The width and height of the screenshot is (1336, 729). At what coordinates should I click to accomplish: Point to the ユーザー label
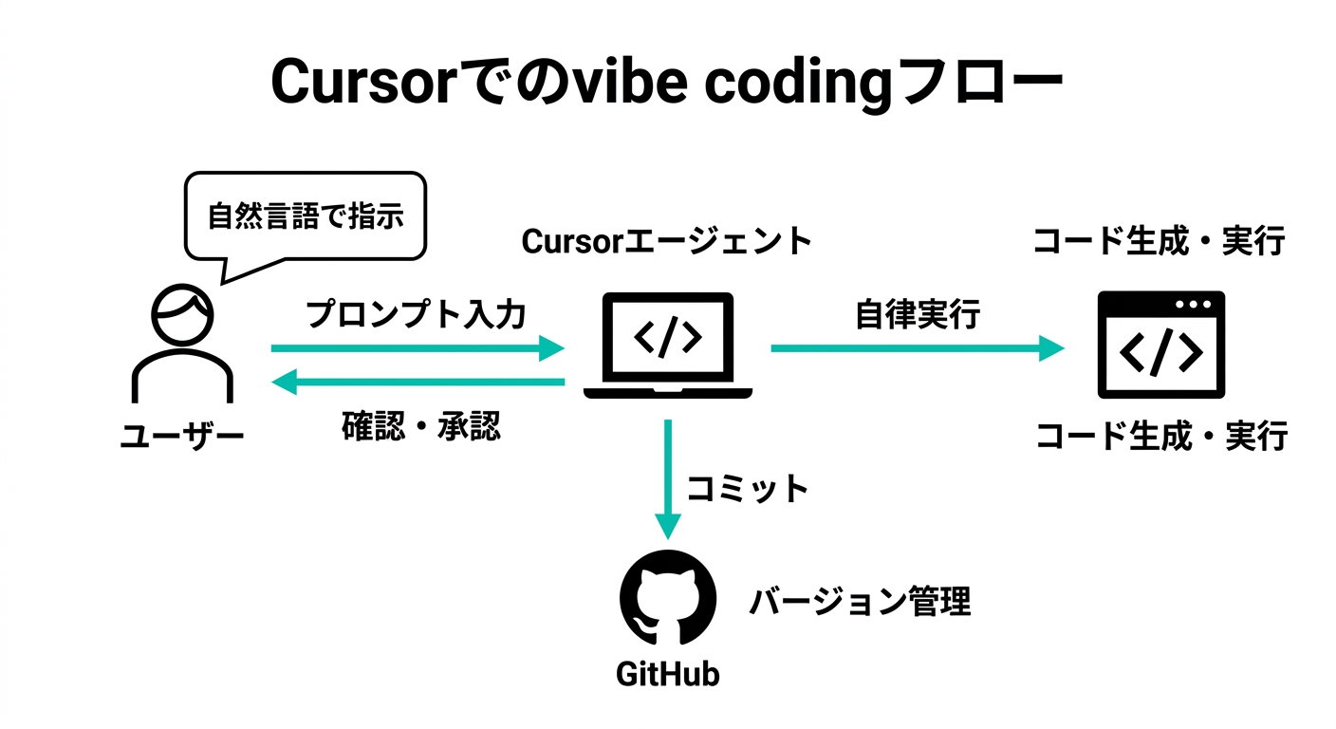182,437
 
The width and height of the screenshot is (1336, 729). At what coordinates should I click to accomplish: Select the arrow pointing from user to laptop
417,348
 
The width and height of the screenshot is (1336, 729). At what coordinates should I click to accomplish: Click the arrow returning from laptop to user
417,383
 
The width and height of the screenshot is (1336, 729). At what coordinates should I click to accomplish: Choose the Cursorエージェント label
666,241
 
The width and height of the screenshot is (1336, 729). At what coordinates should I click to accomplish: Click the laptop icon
668,345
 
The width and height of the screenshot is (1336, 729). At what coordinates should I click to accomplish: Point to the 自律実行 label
918,314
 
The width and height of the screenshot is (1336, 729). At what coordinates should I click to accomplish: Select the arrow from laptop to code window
917,348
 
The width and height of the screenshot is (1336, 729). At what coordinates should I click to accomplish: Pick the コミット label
748,488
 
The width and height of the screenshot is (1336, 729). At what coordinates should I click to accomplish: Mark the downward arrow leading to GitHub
669,479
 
